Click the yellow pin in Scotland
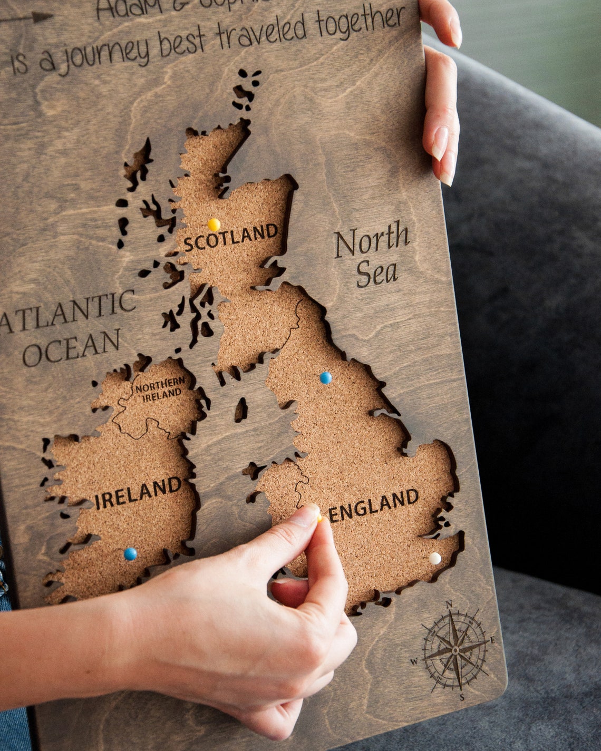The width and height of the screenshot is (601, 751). point(214,225)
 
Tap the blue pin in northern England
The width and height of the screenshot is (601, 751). point(326,378)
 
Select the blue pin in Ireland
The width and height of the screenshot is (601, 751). point(130,554)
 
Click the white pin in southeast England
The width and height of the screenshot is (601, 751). point(435,558)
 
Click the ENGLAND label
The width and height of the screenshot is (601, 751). point(374,505)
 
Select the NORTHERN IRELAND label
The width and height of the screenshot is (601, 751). point(159,388)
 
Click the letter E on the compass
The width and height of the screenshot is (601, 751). point(492,641)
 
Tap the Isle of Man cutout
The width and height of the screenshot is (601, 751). point(241,409)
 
